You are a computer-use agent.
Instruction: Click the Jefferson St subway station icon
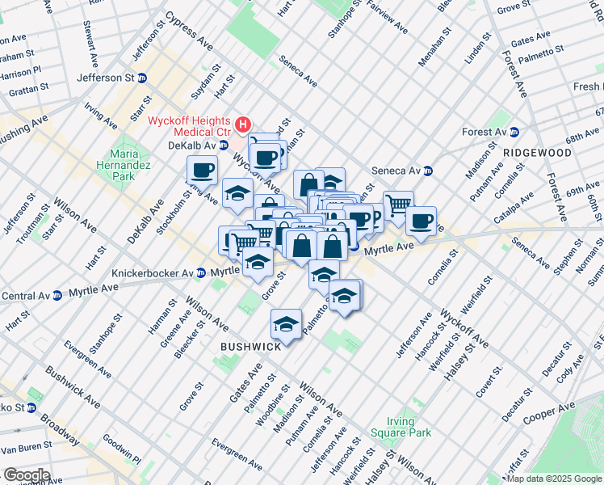[x=142, y=78]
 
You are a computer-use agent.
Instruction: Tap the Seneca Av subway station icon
[x=429, y=171]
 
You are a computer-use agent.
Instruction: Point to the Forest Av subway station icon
[x=514, y=132]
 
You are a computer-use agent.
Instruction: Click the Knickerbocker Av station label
[x=153, y=273]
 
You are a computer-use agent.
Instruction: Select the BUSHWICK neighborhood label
[x=251, y=346]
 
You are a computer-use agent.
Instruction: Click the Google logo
[x=26, y=475]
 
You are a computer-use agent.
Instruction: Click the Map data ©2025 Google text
[x=554, y=479]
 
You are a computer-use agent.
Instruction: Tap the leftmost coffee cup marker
[x=202, y=170]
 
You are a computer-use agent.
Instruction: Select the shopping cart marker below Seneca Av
[x=397, y=205]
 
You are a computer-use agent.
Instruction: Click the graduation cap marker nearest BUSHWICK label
[x=285, y=324]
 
